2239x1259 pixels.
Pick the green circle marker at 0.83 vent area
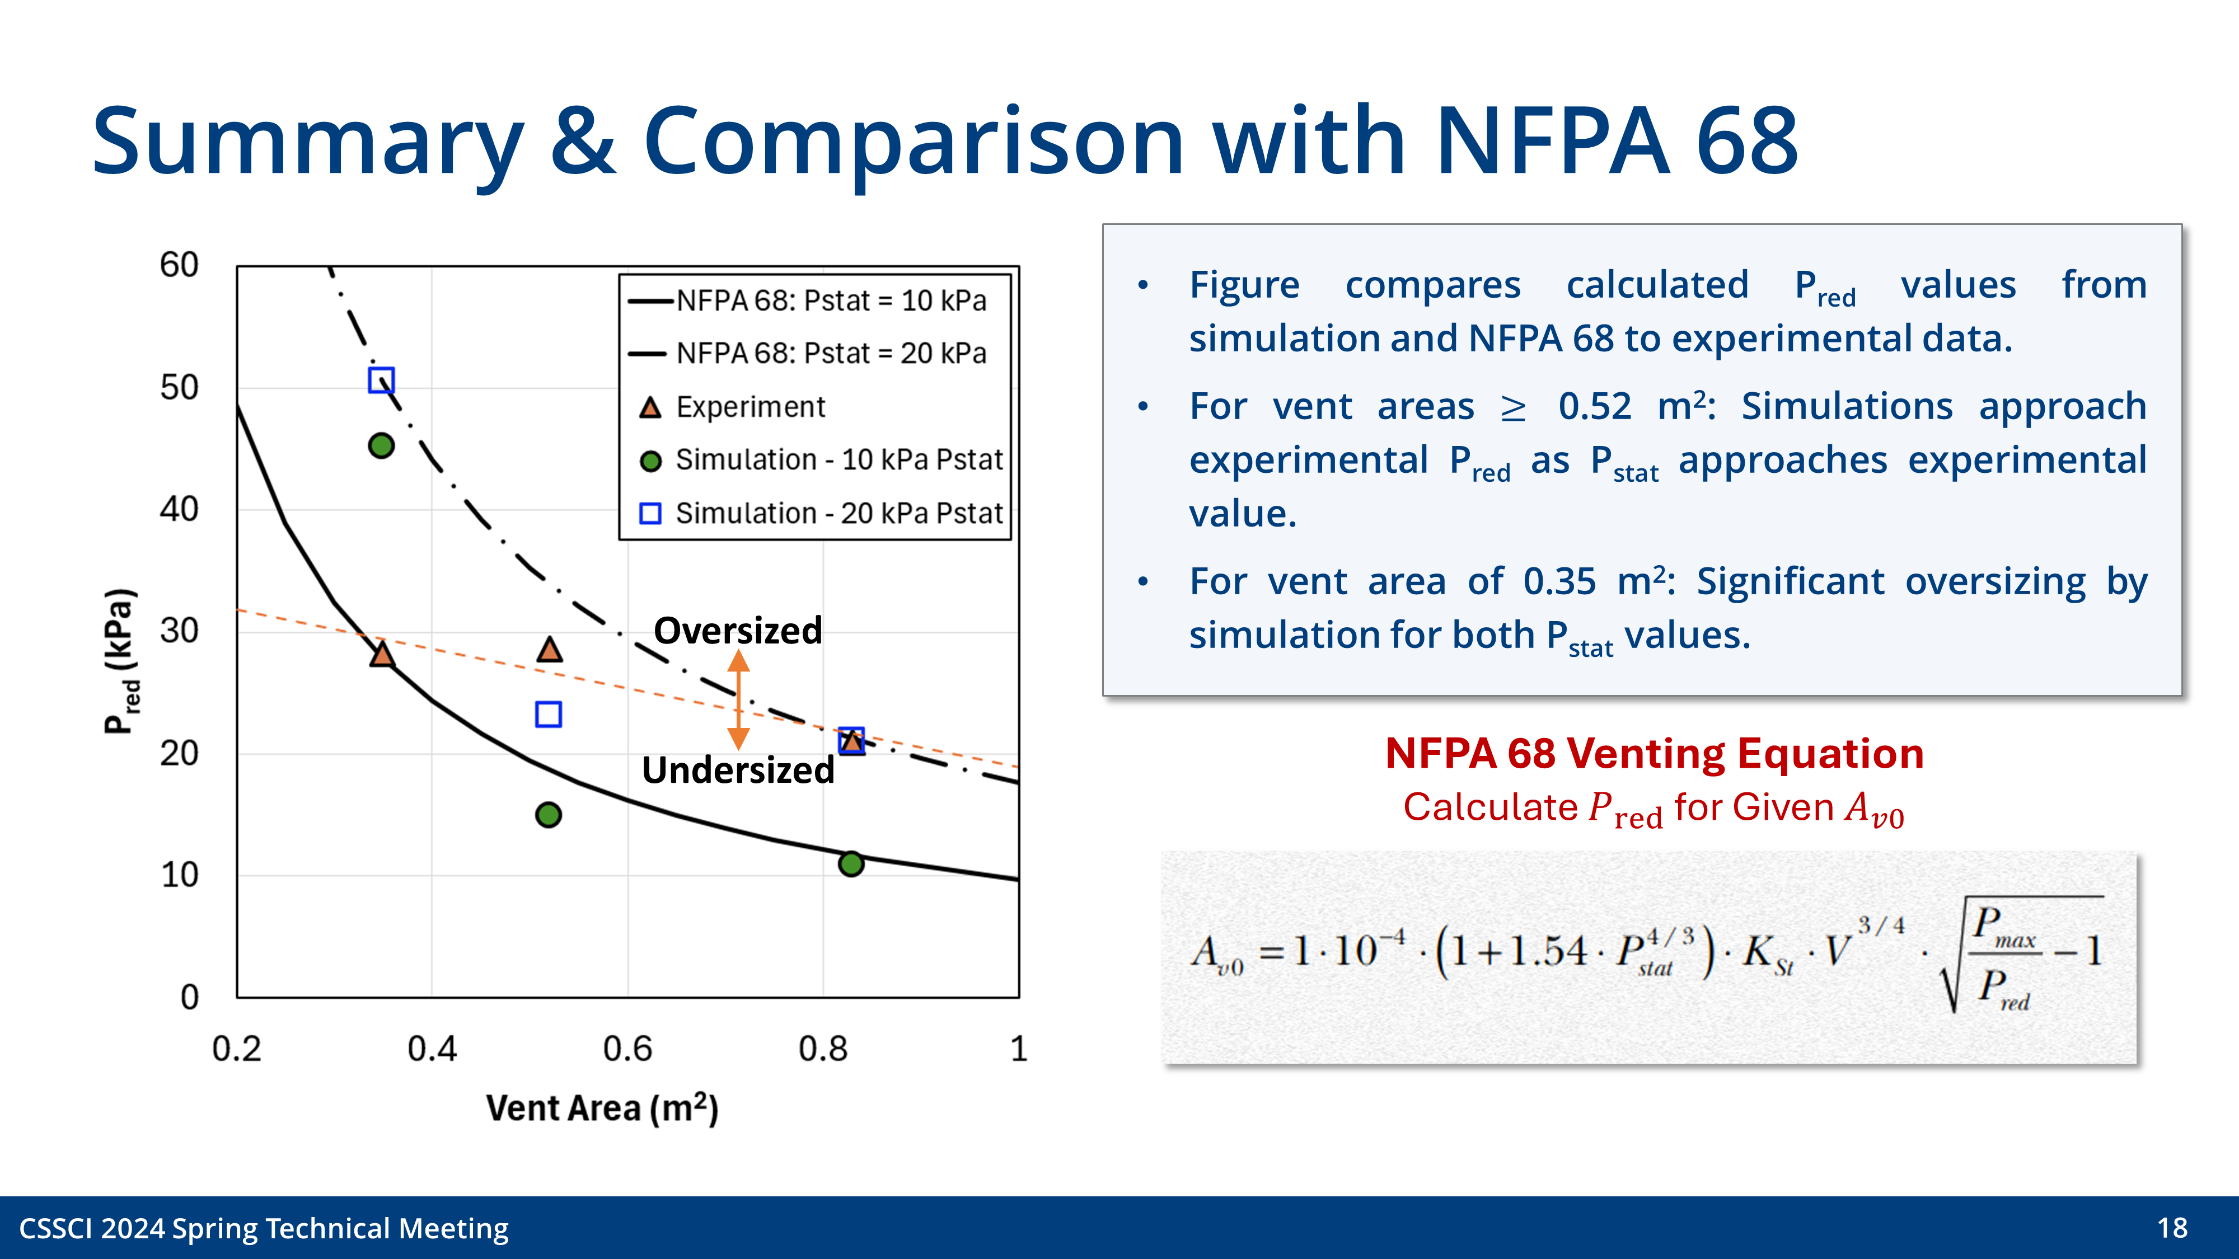point(851,863)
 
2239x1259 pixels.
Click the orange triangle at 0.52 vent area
point(549,650)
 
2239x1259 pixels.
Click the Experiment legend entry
point(750,407)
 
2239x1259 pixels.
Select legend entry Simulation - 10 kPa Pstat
point(839,459)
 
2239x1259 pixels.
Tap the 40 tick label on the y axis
point(179,509)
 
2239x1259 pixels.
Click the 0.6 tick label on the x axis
point(627,1049)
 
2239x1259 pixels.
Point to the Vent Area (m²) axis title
point(602,1108)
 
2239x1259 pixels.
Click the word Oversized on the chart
point(737,630)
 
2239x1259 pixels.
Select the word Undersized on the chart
point(737,770)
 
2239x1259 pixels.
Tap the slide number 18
point(2171,1228)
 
